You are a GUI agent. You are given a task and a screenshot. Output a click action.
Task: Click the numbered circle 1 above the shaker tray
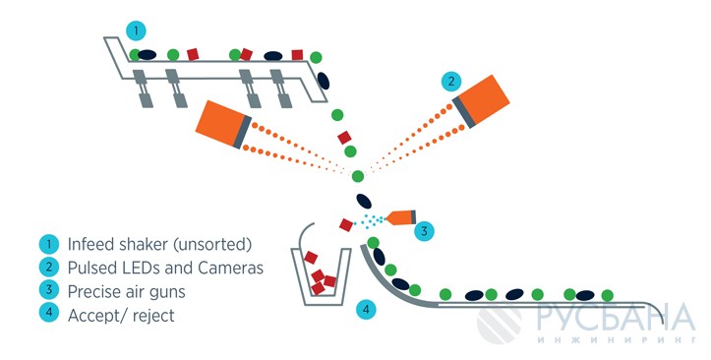click(x=136, y=31)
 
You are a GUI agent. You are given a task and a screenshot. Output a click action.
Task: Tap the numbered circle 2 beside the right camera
click(x=450, y=82)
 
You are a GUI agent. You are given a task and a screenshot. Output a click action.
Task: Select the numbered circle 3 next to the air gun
click(x=424, y=231)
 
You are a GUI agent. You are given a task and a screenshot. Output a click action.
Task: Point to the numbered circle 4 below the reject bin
click(x=366, y=310)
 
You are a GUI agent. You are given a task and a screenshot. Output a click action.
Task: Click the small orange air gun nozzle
click(x=401, y=217)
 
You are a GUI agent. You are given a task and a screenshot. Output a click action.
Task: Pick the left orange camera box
click(x=223, y=124)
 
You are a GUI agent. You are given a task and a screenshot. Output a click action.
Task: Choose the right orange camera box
click(x=481, y=101)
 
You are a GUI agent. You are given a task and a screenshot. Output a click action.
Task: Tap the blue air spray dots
click(x=370, y=220)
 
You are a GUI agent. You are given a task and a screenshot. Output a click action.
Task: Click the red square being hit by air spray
click(x=346, y=225)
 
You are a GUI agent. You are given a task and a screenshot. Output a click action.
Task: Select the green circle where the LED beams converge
click(x=358, y=176)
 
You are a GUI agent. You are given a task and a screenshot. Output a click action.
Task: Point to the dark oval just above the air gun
click(x=364, y=201)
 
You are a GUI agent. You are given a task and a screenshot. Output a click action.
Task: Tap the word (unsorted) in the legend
click(x=212, y=245)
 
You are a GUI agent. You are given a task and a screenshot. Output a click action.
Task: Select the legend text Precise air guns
click(x=127, y=291)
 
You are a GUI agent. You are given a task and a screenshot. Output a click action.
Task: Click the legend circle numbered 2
click(x=48, y=268)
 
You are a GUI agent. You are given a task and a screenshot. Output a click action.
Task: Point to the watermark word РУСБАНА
click(x=616, y=318)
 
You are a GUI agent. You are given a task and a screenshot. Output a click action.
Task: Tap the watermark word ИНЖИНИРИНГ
click(x=616, y=340)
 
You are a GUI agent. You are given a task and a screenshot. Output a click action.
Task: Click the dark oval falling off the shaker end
click(x=324, y=81)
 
